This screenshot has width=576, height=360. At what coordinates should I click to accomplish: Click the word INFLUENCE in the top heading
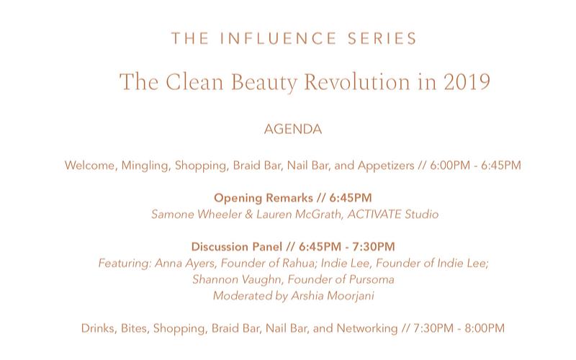coord(278,39)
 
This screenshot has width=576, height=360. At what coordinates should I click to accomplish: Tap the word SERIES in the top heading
coord(382,39)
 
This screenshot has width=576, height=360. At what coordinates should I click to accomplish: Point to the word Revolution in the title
coord(357,81)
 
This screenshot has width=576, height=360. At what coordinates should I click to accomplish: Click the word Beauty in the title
coord(264,82)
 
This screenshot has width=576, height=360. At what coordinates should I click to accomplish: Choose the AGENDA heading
coord(293,130)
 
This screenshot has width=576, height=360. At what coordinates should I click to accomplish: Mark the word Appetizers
coord(386,166)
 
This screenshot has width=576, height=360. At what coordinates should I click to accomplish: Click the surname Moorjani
coord(351,296)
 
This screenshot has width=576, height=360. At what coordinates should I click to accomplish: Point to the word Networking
coord(367,328)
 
